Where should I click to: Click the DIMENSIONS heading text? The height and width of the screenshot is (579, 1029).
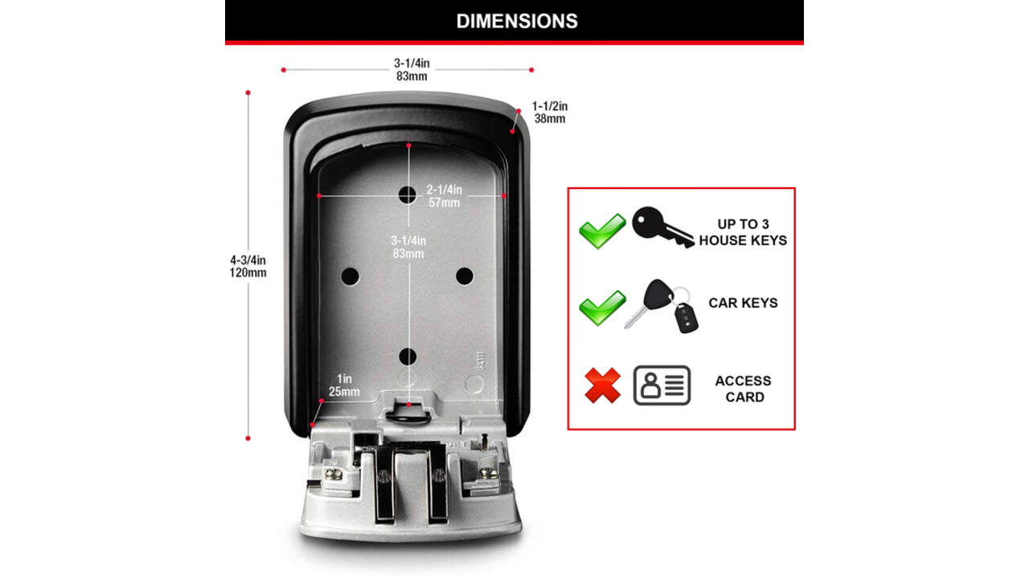tap(517, 21)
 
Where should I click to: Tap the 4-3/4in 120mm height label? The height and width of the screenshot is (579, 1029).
tap(248, 266)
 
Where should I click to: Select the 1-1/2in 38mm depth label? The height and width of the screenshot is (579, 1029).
tap(550, 113)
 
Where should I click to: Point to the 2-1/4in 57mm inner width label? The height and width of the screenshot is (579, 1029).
tap(445, 195)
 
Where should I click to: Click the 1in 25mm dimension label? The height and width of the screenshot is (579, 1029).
tap(344, 385)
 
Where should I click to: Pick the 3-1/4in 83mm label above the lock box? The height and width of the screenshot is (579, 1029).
tap(412, 69)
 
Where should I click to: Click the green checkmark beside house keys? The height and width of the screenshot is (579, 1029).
tap(602, 231)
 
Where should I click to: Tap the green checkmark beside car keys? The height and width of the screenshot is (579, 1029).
tap(602, 308)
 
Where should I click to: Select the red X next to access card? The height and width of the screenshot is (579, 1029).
tap(603, 385)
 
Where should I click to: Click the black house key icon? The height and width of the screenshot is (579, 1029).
tap(662, 228)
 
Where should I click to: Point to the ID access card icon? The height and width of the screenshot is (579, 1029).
tap(662, 385)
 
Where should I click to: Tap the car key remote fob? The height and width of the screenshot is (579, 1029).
tap(686, 318)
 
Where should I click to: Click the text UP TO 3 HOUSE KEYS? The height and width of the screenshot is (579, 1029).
tap(743, 232)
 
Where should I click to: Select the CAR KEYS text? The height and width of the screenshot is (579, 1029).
tap(743, 303)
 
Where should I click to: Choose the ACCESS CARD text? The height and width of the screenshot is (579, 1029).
tap(744, 388)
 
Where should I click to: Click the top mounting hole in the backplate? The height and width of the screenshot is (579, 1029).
tap(408, 195)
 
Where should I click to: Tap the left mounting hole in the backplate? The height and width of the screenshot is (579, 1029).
tap(350, 276)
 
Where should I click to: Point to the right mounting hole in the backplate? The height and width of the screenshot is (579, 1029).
tap(465, 276)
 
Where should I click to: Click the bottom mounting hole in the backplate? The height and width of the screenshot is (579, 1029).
tap(408, 356)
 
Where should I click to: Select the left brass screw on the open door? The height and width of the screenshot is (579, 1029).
tap(333, 474)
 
